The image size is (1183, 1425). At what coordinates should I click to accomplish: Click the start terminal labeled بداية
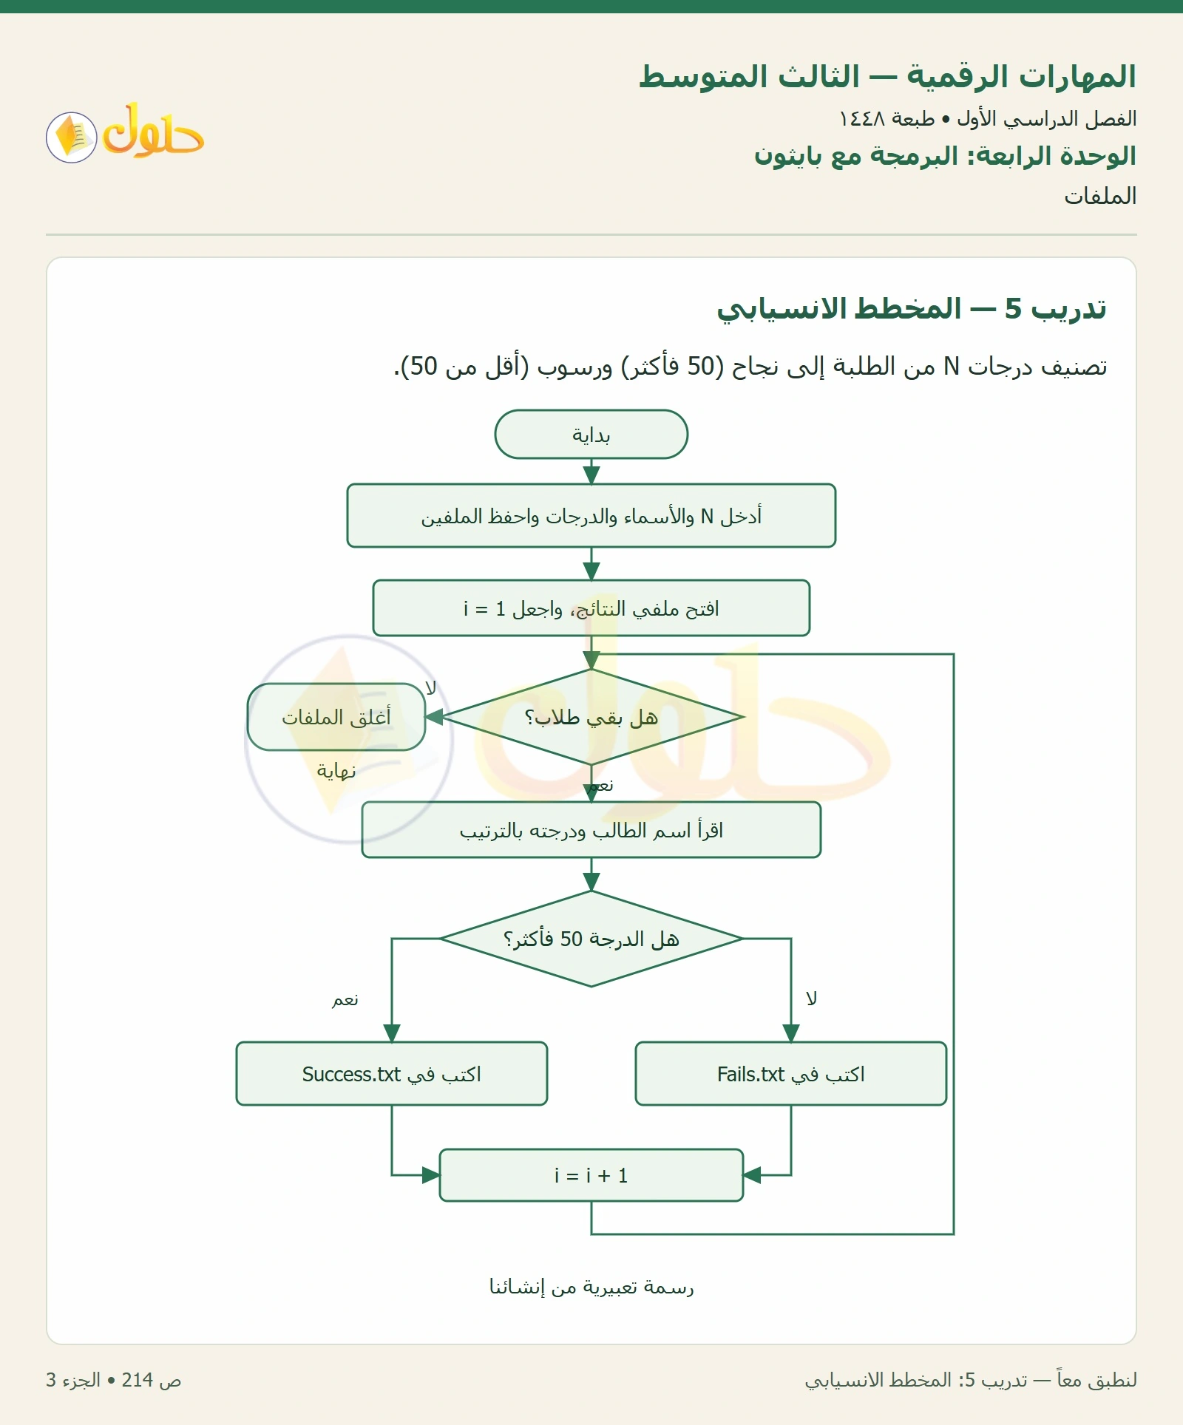pyautogui.click(x=591, y=435)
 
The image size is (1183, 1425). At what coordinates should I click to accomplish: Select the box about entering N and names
pyautogui.click(x=591, y=516)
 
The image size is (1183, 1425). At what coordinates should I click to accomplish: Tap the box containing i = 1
pyautogui.click(x=591, y=608)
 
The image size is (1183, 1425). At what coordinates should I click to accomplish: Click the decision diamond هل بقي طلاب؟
pyautogui.click(x=591, y=717)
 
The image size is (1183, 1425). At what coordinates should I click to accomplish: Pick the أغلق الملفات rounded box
pyautogui.click(x=336, y=717)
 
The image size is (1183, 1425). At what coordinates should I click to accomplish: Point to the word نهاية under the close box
pyautogui.click(x=336, y=771)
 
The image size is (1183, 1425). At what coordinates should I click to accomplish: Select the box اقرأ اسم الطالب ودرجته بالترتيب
pyautogui.click(x=591, y=830)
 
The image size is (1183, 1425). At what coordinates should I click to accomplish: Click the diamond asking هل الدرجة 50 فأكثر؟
pyautogui.click(x=591, y=939)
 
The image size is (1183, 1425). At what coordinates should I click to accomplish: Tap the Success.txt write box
pyautogui.click(x=392, y=1074)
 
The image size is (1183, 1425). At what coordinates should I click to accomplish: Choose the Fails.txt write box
pyautogui.click(x=791, y=1074)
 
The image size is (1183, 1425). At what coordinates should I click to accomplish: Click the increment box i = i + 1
pyautogui.click(x=591, y=1175)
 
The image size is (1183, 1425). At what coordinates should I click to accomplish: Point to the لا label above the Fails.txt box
pyautogui.click(x=811, y=999)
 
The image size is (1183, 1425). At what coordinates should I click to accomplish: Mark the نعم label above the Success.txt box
pyautogui.click(x=345, y=1000)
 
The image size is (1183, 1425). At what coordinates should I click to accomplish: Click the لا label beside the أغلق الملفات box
pyautogui.click(x=430, y=688)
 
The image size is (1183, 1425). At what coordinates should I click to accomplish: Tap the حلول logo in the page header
pyautogui.click(x=125, y=133)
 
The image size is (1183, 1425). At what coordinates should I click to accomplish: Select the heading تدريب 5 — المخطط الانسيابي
pyautogui.click(x=912, y=309)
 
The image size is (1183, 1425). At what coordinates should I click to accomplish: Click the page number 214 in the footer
pyautogui.click(x=138, y=1380)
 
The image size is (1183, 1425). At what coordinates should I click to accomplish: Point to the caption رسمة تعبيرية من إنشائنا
pyautogui.click(x=591, y=1287)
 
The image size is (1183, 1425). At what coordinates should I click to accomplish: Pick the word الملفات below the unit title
pyautogui.click(x=1100, y=196)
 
